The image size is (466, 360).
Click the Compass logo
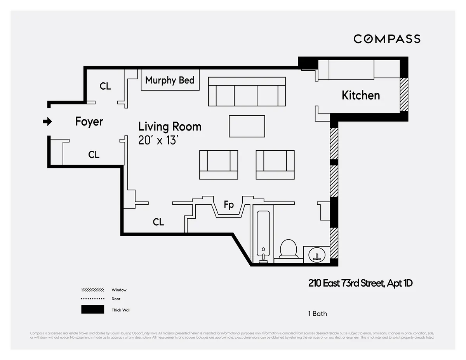click(x=387, y=39)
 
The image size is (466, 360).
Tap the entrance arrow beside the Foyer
click(x=47, y=122)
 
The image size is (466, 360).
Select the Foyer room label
click(x=89, y=122)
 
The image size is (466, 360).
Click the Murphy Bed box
click(x=170, y=80)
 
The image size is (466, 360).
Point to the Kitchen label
click(x=361, y=95)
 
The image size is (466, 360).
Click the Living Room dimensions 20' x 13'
click(x=158, y=140)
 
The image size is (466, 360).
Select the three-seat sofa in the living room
click(x=247, y=91)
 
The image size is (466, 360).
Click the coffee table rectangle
click(x=247, y=126)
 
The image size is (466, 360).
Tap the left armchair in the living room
click(x=219, y=165)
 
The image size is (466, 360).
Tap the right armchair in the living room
click(x=275, y=165)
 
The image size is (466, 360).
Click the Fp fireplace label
click(x=229, y=205)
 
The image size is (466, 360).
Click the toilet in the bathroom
click(x=289, y=249)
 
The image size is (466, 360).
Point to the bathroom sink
click(x=316, y=255)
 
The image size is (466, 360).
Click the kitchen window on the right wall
click(x=404, y=94)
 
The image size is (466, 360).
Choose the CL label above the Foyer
click(x=105, y=86)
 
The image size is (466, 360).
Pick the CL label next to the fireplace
click(x=158, y=222)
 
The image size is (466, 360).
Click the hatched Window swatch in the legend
click(x=92, y=290)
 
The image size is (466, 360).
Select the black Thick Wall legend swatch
click(x=92, y=310)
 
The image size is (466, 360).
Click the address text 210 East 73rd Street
click(x=360, y=283)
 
